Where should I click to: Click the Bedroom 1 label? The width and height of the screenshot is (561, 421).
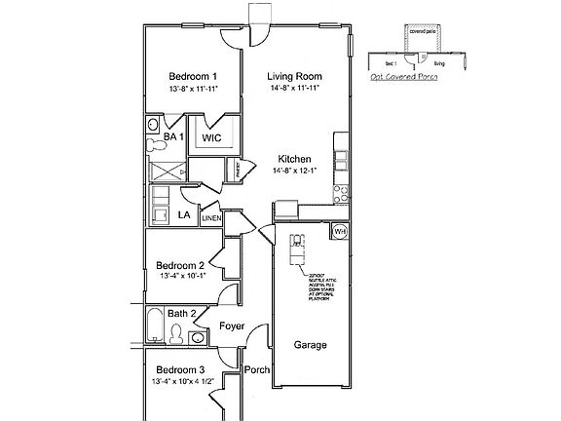[192, 76]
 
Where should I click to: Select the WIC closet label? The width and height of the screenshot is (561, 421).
[212, 138]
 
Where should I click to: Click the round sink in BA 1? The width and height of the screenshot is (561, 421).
[154, 125]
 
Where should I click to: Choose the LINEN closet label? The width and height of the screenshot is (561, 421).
[211, 219]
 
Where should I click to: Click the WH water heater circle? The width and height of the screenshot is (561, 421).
[340, 232]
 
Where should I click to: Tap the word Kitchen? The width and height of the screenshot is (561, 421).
[294, 159]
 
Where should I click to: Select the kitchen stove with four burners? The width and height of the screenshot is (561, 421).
[341, 190]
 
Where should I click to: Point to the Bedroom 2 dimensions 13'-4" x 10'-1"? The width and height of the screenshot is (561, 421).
[180, 276]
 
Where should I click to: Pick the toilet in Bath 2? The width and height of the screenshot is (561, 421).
[175, 335]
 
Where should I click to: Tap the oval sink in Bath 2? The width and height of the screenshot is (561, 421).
[198, 337]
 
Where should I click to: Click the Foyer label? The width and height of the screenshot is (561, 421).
[232, 326]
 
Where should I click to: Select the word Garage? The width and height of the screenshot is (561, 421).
[310, 345]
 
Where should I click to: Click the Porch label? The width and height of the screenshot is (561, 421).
[256, 369]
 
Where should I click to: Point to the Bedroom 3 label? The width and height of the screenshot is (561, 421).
[180, 369]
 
